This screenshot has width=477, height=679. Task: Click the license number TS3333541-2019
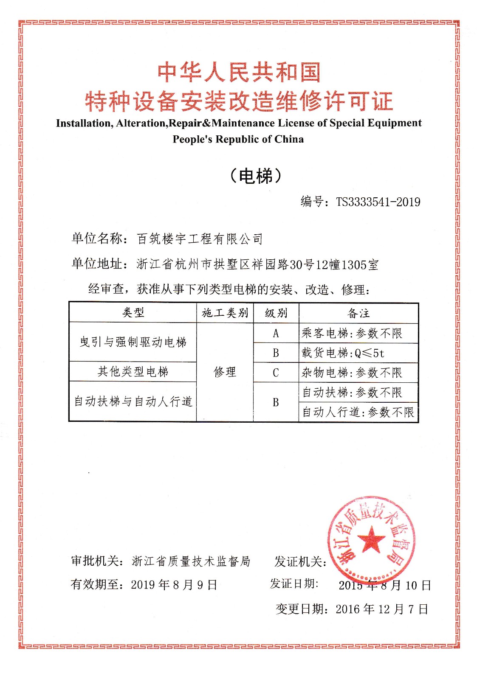[378, 202]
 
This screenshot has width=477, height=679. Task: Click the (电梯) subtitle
[256, 175]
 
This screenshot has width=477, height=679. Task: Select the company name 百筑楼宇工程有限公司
[200, 239]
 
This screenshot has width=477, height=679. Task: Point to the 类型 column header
[133, 313]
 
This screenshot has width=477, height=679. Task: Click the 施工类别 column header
[225, 313]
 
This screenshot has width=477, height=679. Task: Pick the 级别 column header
[276, 313]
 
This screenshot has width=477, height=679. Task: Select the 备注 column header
[359, 313]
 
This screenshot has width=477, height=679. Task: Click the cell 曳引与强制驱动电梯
[133, 342]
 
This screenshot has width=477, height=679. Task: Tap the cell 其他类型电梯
[133, 372]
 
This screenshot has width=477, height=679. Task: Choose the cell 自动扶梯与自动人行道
[133, 401]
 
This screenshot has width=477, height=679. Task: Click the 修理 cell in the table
[225, 372]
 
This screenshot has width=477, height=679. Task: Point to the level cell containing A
[276, 334]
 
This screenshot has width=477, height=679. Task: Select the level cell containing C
[276, 373]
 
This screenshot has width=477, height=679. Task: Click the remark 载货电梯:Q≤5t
[343, 353]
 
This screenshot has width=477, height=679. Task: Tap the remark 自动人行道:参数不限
[358, 412]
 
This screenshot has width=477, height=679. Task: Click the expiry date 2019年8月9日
[174, 585]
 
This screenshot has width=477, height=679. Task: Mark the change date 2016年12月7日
[382, 609]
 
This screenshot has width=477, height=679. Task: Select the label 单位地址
[97, 264]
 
